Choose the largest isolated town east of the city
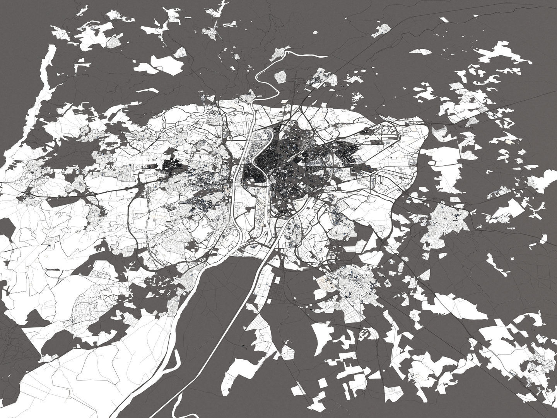pyautogui.click(x=445, y=221)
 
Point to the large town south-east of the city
pyautogui.click(x=348, y=286)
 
